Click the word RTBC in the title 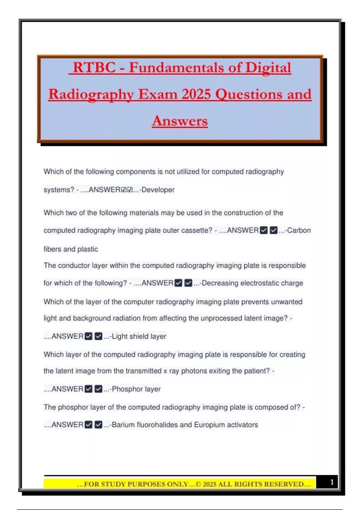[94, 67]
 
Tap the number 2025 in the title [196, 94]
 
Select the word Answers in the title [180, 121]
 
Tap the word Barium [123, 425]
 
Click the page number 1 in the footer [332, 482]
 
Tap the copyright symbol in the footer [198, 484]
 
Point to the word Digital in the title [268, 67]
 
